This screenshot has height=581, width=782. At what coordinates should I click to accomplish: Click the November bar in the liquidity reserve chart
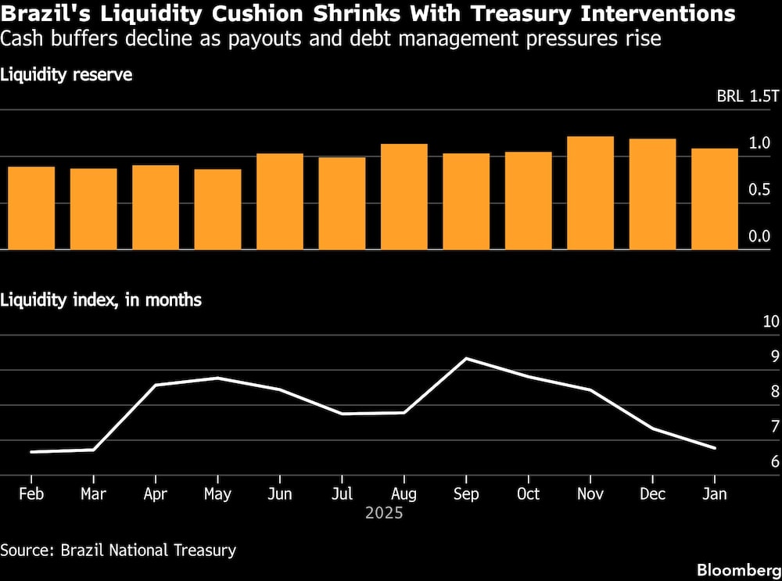590,193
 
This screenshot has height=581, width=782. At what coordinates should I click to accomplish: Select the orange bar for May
217,210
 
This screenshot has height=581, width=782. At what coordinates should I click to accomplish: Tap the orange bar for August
404,197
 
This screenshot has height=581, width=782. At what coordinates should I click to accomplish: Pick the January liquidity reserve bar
715,199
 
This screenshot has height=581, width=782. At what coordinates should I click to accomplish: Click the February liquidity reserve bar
31,208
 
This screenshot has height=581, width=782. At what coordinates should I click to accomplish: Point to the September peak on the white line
466,359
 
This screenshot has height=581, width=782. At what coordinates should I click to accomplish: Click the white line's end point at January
715,448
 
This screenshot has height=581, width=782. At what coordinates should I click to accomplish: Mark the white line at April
156,386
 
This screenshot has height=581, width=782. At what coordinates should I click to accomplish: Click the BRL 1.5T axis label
748,97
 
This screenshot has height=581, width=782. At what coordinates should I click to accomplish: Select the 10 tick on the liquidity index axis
770,321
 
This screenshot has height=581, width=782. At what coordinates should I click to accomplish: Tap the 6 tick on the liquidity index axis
775,461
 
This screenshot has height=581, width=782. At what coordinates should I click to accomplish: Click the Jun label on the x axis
279,494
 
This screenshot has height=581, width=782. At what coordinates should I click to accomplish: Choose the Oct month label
528,494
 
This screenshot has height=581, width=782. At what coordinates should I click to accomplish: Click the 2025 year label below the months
384,514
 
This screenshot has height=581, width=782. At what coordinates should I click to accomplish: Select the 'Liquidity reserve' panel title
66,75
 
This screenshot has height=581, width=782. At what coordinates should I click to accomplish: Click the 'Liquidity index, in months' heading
101,299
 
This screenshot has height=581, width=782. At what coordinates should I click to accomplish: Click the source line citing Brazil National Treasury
118,550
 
